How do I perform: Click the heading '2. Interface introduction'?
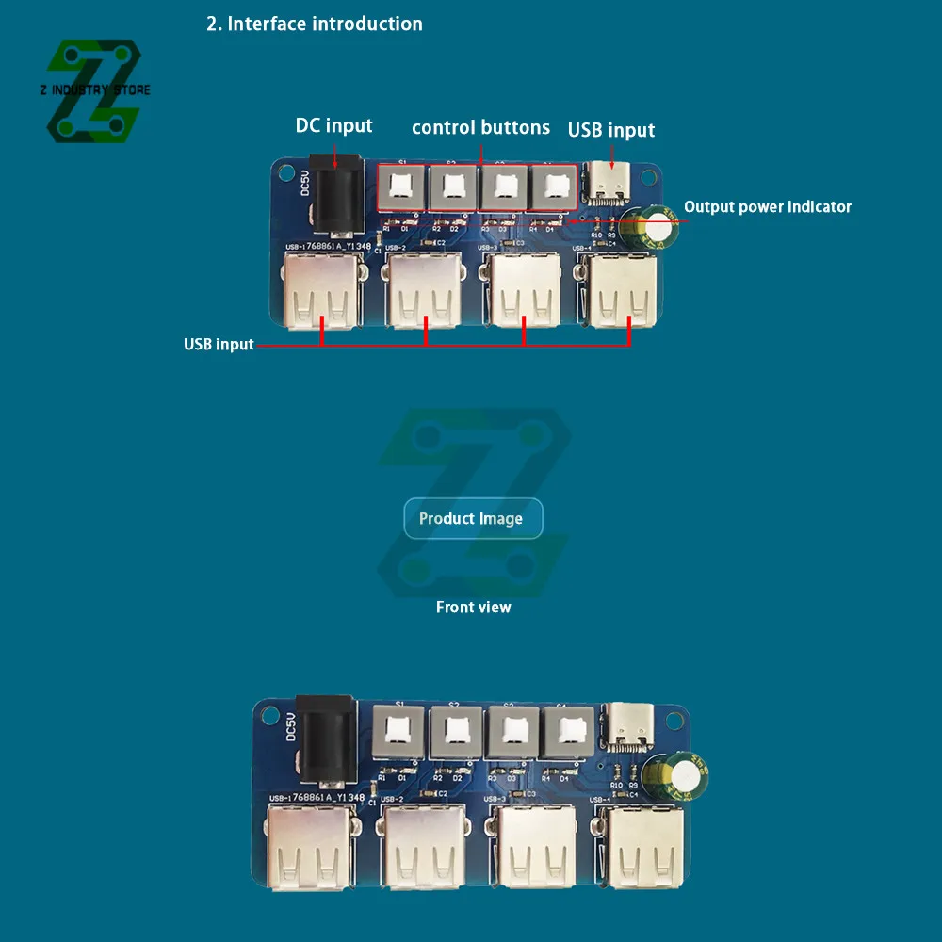point(315,24)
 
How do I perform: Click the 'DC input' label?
point(333,125)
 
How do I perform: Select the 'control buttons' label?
point(480,127)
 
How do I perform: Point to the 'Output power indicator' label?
point(767,206)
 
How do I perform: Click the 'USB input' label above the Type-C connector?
point(610,130)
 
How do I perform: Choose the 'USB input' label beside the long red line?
point(219,344)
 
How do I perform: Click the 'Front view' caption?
point(473,607)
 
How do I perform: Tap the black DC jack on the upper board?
point(335,196)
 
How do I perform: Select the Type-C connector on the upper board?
point(607,183)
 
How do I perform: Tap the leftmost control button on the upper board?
point(403,187)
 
